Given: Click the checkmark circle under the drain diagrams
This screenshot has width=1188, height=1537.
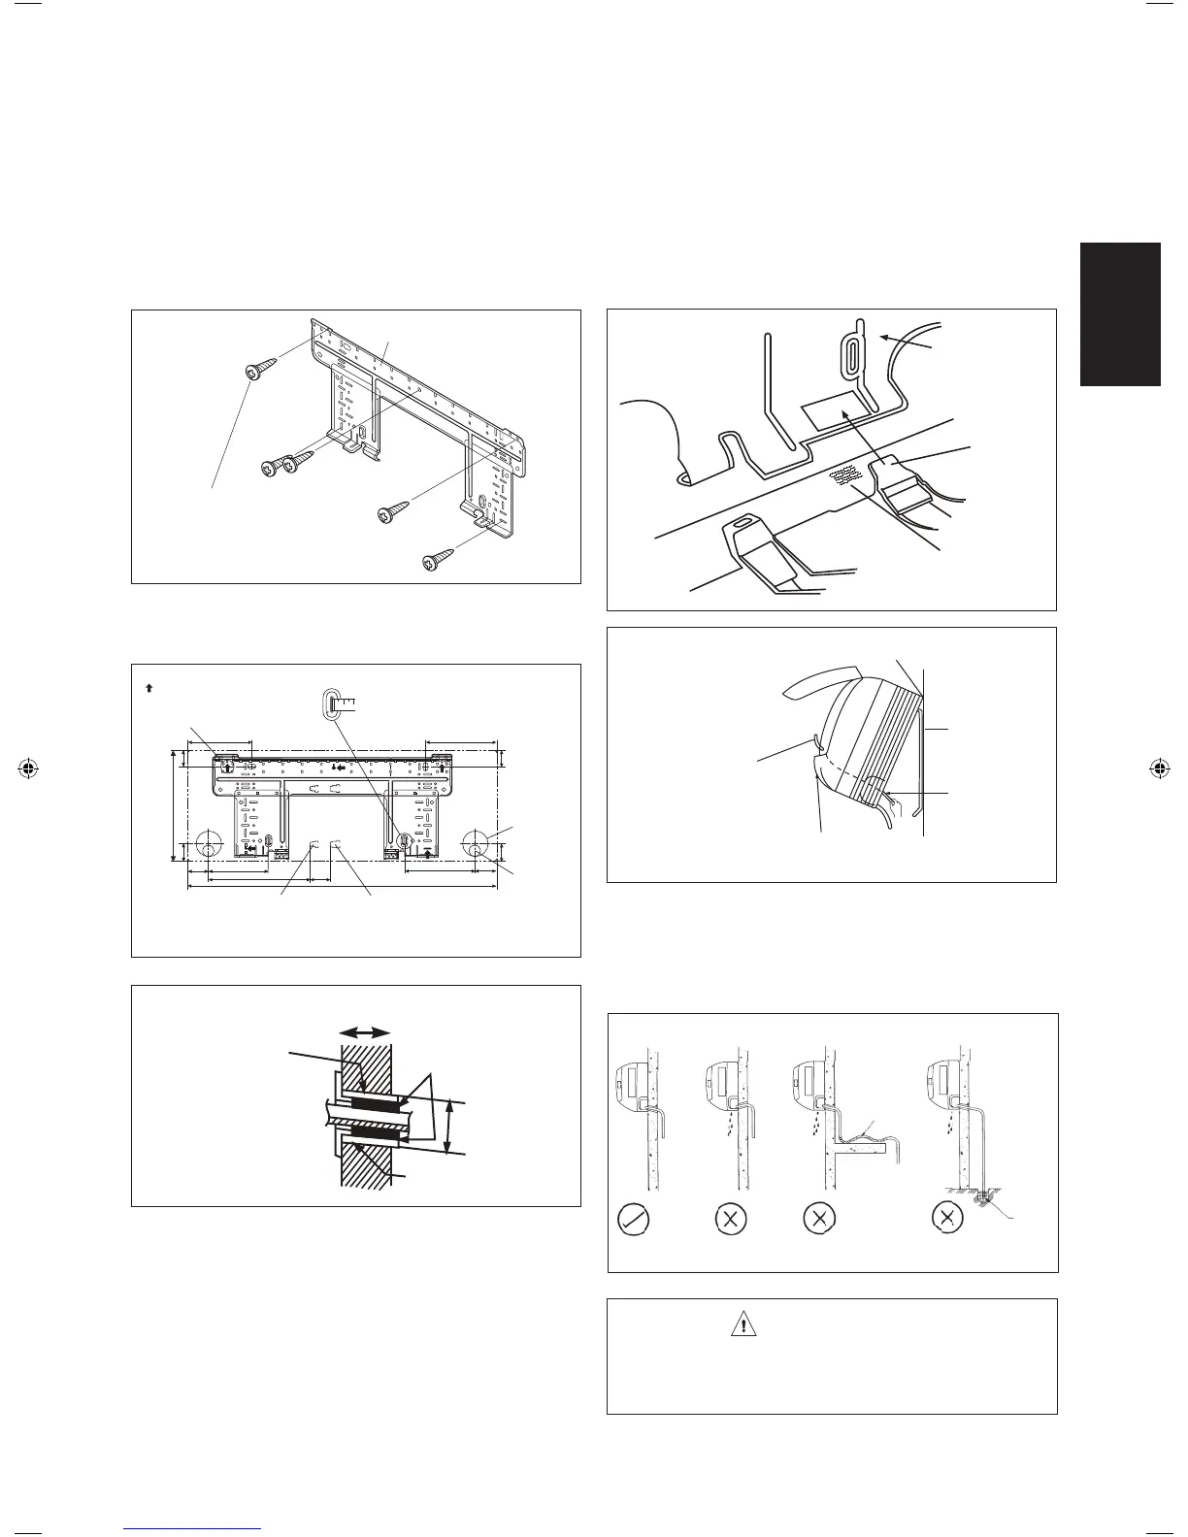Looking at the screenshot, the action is [635, 1219].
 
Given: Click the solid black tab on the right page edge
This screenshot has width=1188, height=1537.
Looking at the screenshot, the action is [1121, 314].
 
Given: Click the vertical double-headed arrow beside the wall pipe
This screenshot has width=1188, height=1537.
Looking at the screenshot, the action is [447, 1127].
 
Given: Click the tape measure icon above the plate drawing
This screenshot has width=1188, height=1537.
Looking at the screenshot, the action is [335, 703].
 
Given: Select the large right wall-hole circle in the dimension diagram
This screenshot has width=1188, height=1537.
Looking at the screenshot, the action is [477, 843].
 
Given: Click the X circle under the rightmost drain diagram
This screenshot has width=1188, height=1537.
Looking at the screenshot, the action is [948, 1219].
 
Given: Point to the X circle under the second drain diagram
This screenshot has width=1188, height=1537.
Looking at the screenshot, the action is [729, 1219].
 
